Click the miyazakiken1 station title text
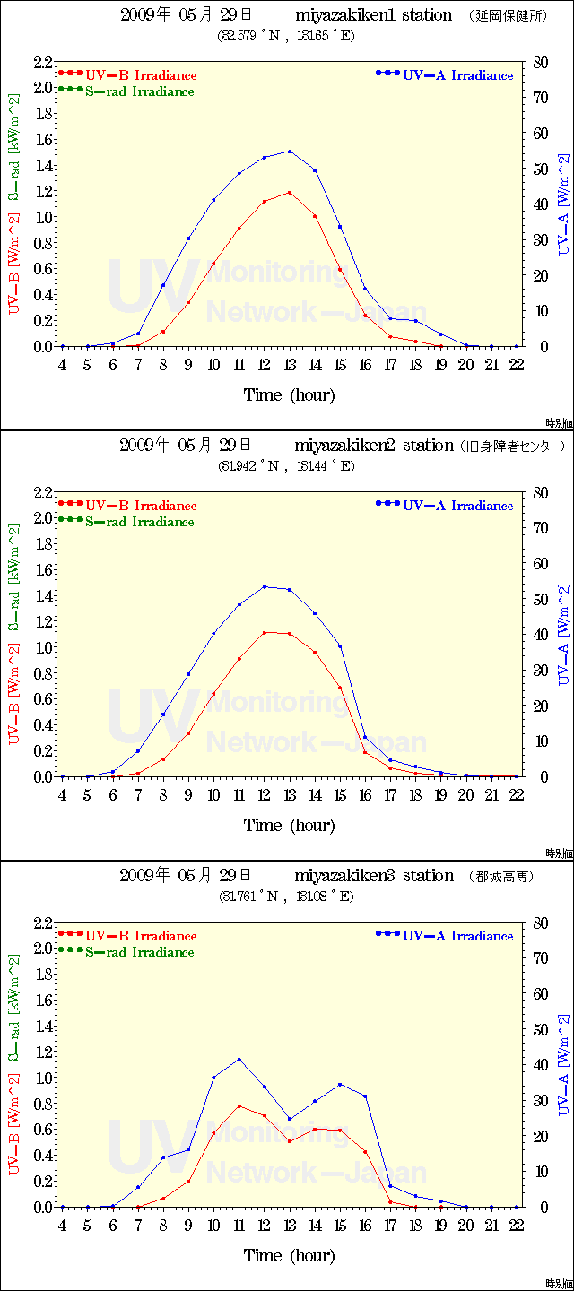(x=373, y=15)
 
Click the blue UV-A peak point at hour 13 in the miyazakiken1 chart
(x=290, y=152)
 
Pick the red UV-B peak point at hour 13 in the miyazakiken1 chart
(x=290, y=192)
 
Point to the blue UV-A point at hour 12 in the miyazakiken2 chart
(x=265, y=587)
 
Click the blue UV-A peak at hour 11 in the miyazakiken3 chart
(x=239, y=1060)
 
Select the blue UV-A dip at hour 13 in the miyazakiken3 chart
(x=290, y=1119)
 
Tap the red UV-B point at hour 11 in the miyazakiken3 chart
(x=239, y=1106)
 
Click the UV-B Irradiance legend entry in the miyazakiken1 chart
(x=140, y=76)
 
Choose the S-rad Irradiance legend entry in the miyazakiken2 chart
(x=139, y=521)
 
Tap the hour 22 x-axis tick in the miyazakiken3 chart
(x=517, y=1226)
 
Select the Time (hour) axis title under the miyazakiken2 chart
(x=289, y=825)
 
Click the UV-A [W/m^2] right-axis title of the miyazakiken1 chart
(x=562, y=204)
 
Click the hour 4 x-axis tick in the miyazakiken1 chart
(x=62, y=365)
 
